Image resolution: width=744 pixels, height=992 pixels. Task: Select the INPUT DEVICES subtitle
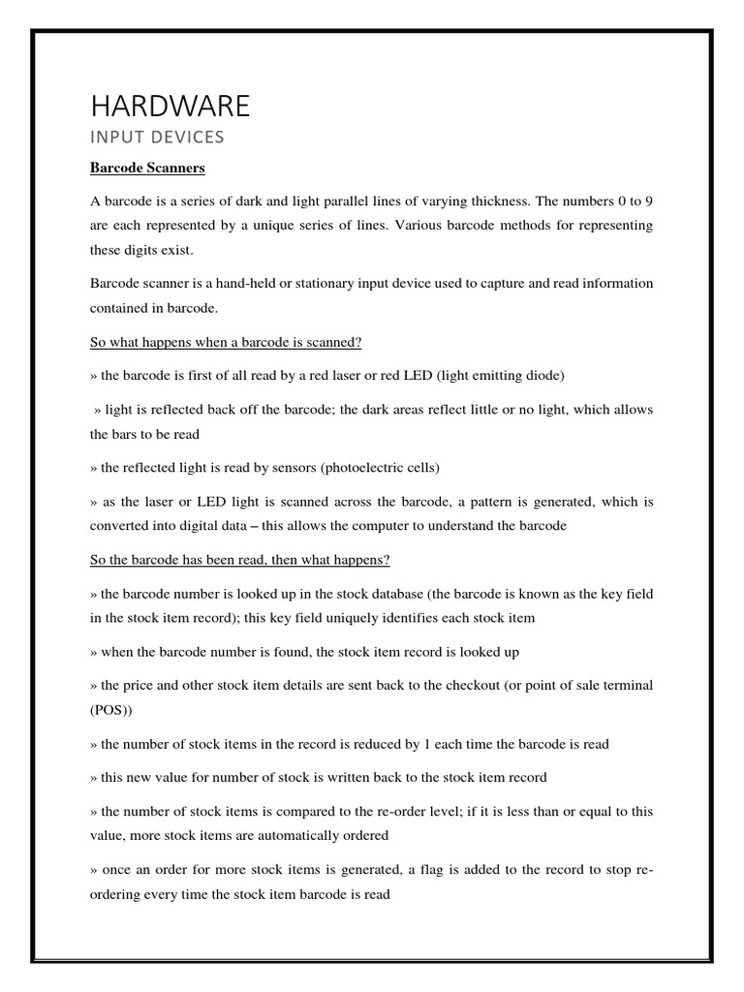pos(156,138)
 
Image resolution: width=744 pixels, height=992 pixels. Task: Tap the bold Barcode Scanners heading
pos(147,169)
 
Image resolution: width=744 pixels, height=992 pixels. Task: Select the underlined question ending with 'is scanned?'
pos(226,343)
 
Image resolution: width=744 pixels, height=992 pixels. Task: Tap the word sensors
pos(274,468)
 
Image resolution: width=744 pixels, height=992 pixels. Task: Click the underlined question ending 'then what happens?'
pos(240,561)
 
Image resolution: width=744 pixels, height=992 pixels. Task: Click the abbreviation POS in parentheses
pos(108,710)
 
